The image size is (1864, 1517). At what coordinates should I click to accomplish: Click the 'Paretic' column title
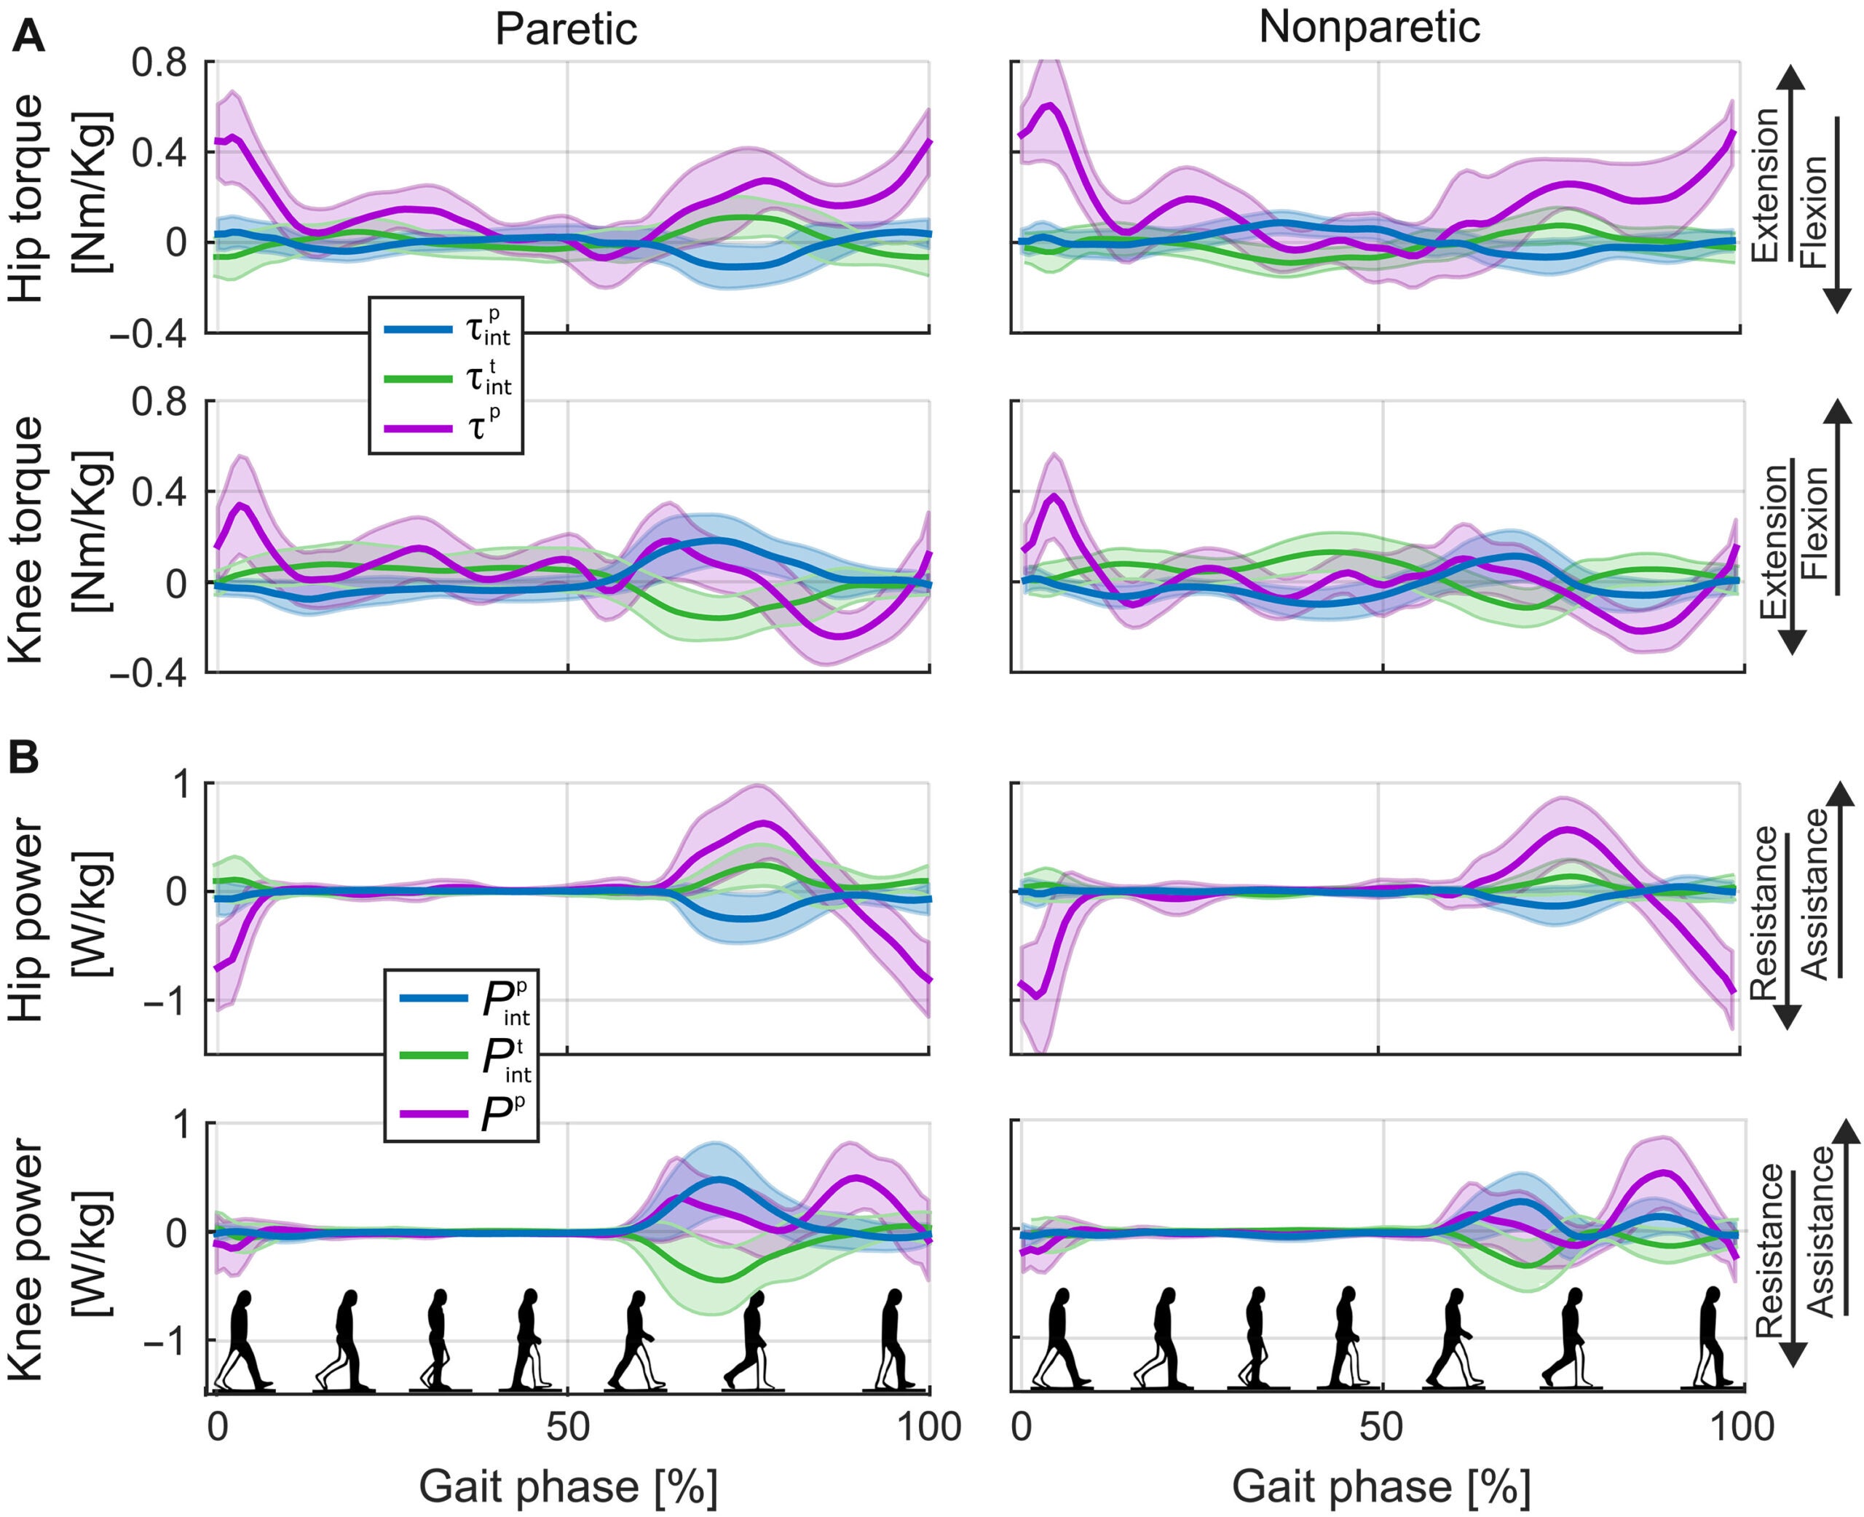coord(566,29)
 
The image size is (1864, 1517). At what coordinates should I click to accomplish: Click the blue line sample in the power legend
coord(433,997)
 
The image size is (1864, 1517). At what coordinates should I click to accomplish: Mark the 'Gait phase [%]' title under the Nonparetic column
coord(1381,1486)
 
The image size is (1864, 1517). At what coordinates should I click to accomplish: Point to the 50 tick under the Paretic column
coord(567,1426)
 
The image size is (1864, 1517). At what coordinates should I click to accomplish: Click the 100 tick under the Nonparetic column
coord(1742,1426)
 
